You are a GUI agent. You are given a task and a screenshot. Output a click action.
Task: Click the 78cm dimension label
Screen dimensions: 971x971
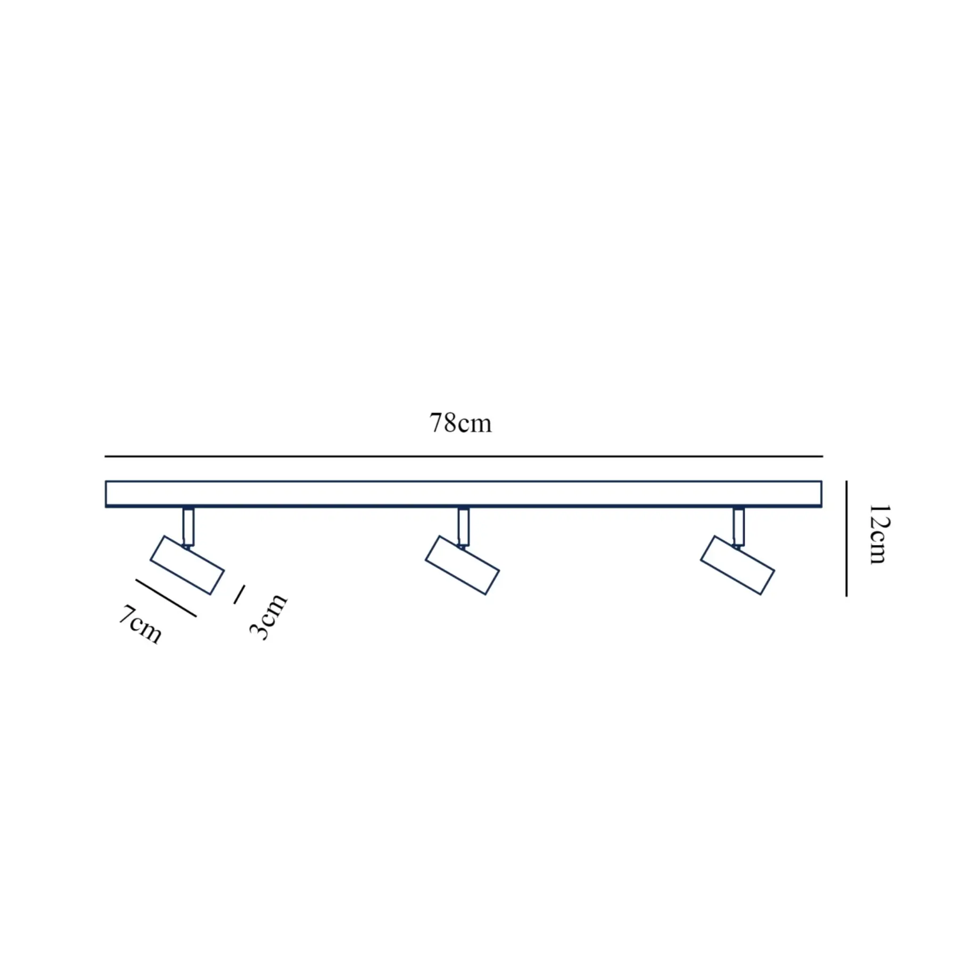(x=460, y=423)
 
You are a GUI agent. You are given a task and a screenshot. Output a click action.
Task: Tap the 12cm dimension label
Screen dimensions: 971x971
(x=879, y=534)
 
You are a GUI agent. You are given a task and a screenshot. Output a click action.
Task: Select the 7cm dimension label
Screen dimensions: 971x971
(x=140, y=624)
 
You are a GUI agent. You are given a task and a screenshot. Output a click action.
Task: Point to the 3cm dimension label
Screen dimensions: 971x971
(x=268, y=616)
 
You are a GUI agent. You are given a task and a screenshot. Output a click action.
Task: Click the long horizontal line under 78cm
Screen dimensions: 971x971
(x=464, y=456)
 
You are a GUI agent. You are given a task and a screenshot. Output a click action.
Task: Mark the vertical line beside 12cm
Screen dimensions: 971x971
(x=846, y=538)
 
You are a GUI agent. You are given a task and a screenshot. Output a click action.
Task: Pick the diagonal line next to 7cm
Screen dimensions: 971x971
(x=166, y=598)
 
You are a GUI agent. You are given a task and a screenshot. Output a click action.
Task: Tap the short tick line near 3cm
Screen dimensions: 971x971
(x=239, y=594)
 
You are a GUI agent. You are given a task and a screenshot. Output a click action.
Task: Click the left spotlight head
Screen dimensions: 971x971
(x=187, y=565)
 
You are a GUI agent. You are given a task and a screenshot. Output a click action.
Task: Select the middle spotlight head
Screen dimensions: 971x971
(x=462, y=565)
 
